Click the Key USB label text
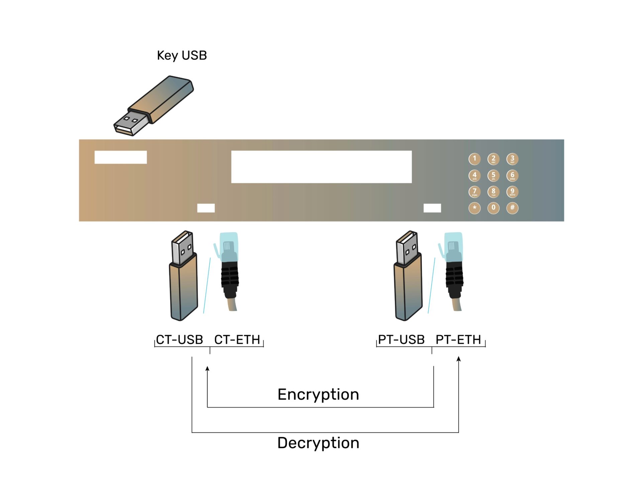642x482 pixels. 182,55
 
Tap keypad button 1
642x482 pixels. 474,159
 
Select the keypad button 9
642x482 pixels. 512,192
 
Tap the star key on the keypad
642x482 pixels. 474,208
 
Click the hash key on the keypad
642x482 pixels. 512,208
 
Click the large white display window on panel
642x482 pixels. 321,166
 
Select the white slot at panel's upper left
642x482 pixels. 120,157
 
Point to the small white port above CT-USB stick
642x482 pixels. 206,208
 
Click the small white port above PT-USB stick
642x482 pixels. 432,208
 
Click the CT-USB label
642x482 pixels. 180,340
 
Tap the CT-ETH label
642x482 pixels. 237,340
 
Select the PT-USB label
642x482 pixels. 401,340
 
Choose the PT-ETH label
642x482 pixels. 458,340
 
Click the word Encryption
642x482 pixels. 318,394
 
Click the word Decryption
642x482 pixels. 318,443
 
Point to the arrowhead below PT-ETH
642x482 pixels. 458,359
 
